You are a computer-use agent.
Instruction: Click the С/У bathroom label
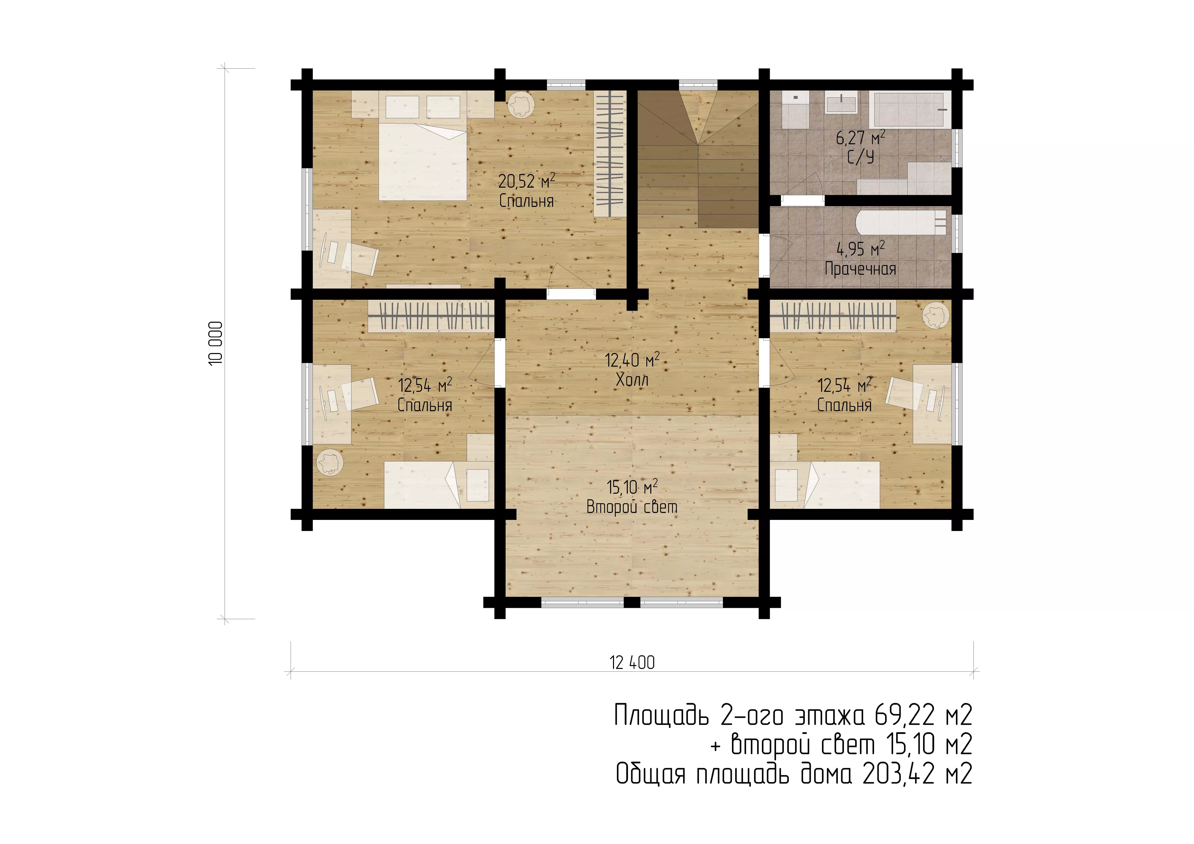(861, 157)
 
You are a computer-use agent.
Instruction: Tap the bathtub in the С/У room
(908, 110)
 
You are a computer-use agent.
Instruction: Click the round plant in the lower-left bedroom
(329, 462)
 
